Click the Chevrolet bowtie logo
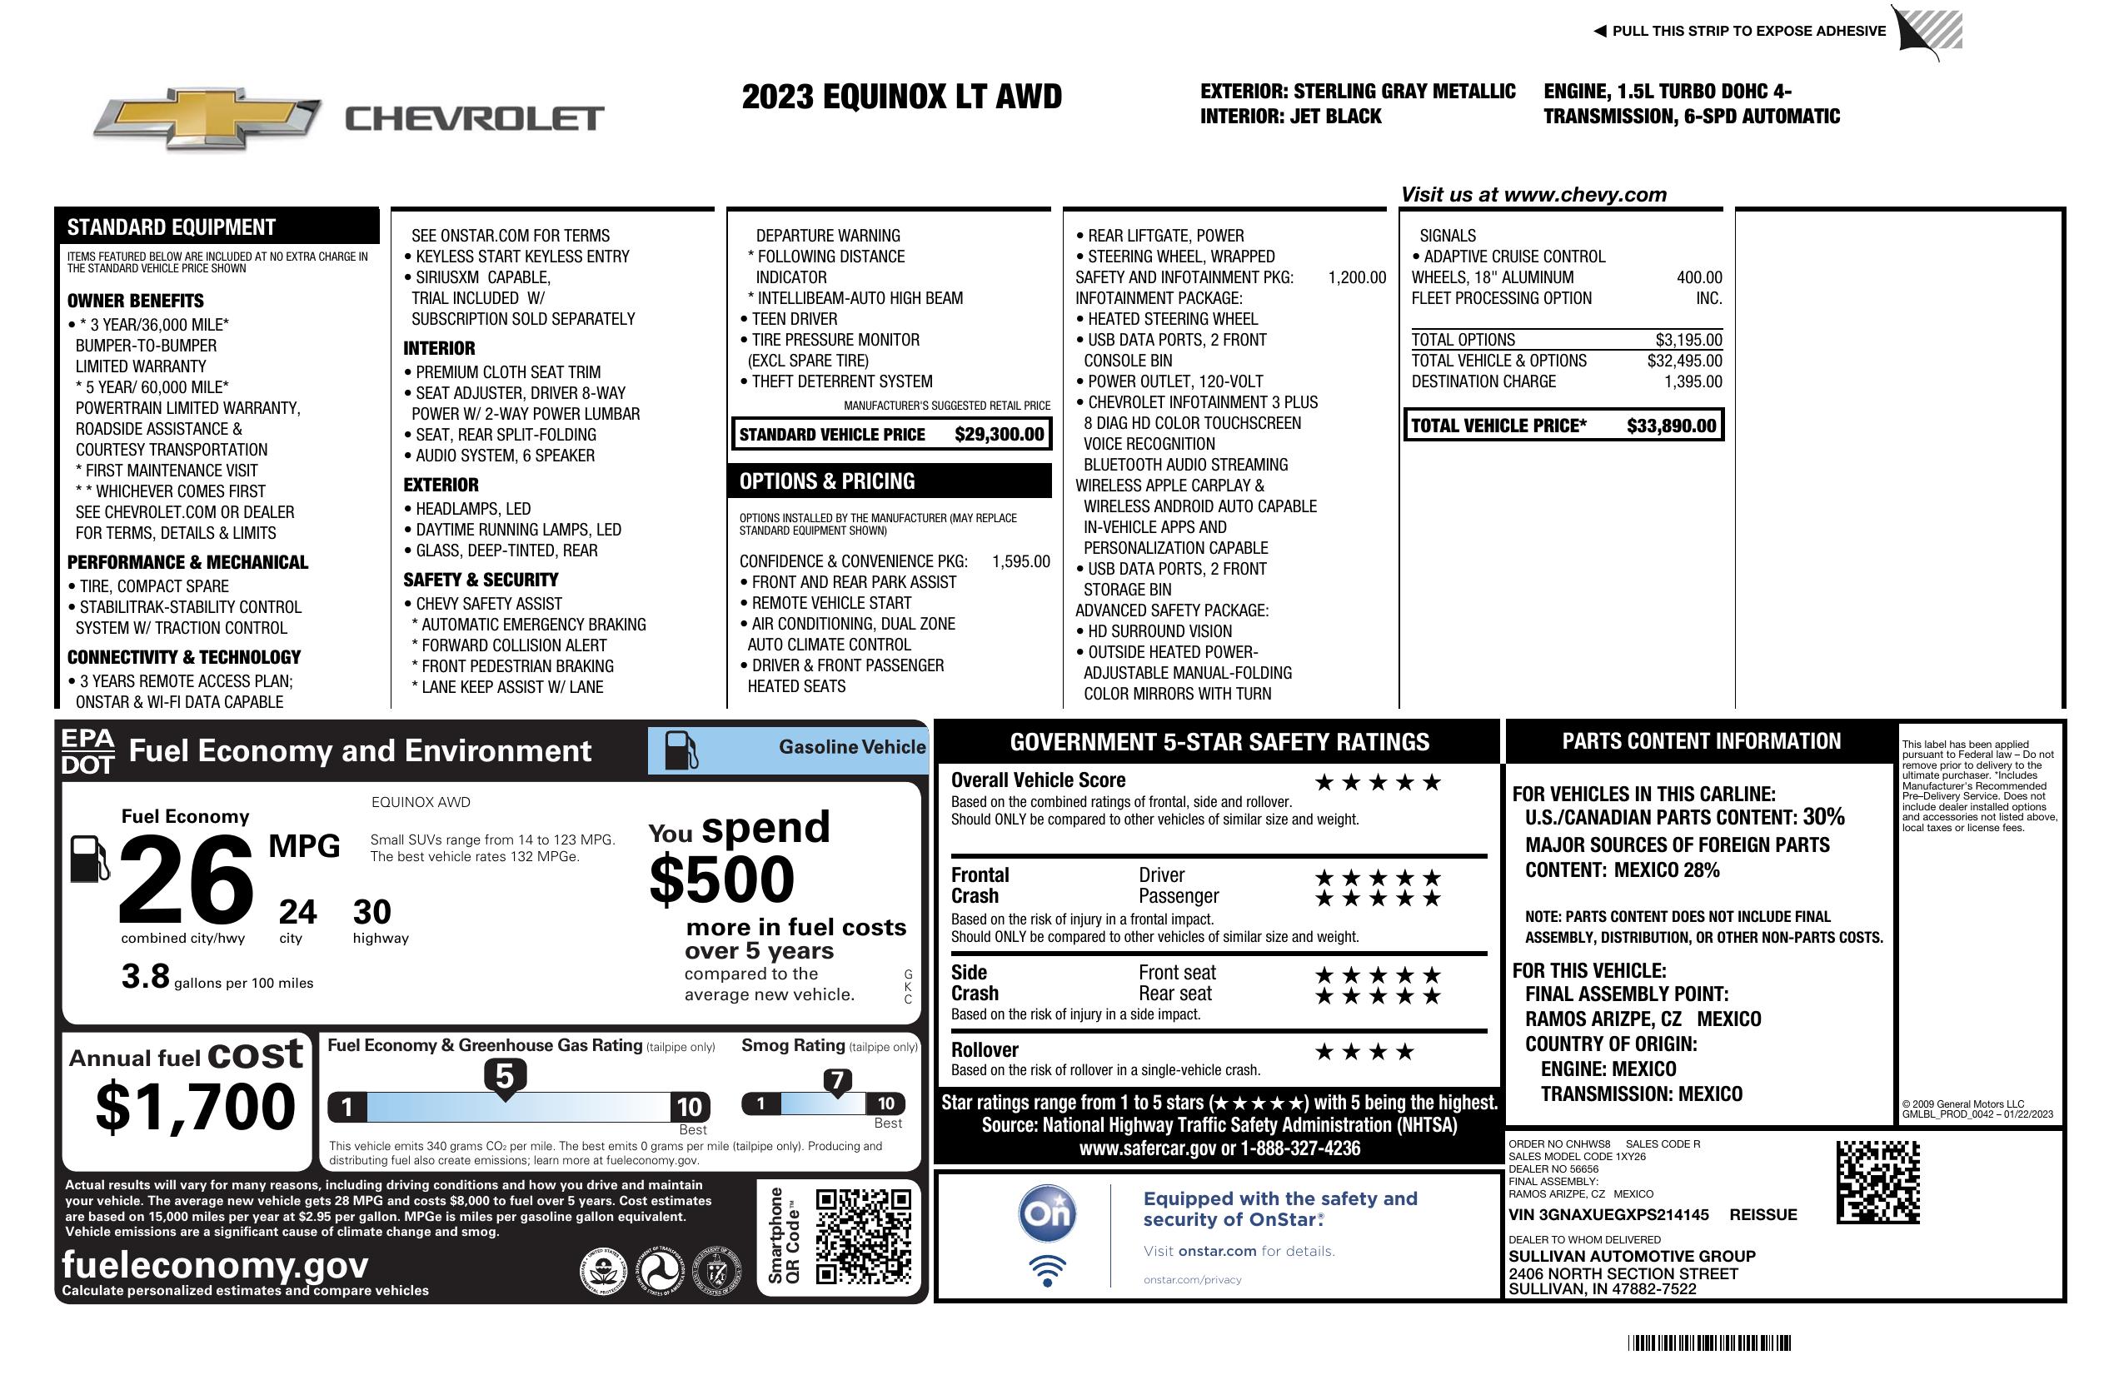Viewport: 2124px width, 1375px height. pyautogui.click(x=207, y=117)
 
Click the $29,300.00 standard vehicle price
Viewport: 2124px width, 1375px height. pyautogui.click(x=999, y=435)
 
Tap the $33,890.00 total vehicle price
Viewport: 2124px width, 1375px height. pyautogui.click(x=1671, y=426)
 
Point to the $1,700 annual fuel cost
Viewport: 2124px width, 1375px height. pyautogui.click(x=196, y=1107)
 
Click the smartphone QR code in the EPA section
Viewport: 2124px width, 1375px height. pyautogui.click(x=863, y=1236)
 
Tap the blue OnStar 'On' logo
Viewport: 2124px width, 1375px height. pyautogui.click(x=1047, y=1213)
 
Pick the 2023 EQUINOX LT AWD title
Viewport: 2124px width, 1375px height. pyautogui.click(x=901, y=97)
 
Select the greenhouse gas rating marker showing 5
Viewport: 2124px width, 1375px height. pyautogui.click(x=505, y=1078)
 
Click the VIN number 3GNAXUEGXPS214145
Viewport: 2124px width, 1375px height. pyautogui.click(x=1608, y=1214)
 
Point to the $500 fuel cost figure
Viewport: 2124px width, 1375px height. pyautogui.click(x=722, y=879)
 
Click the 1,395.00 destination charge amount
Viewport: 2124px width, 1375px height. pyautogui.click(x=1693, y=382)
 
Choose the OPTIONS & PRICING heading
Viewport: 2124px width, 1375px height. pyautogui.click(x=826, y=482)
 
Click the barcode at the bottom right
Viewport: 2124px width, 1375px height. pyautogui.click(x=1709, y=1343)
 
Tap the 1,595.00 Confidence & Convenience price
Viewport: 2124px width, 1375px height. pyautogui.click(x=1020, y=561)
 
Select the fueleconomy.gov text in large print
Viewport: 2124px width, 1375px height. pyautogui.click(x=215, y=1264)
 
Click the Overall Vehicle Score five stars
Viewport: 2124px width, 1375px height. pyautogui.click(x=1377, y=784)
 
